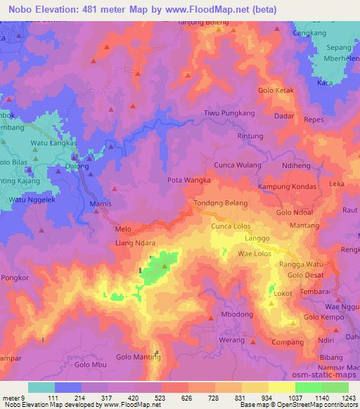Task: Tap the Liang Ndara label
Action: (135, 244)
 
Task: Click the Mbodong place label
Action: (236, 313)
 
